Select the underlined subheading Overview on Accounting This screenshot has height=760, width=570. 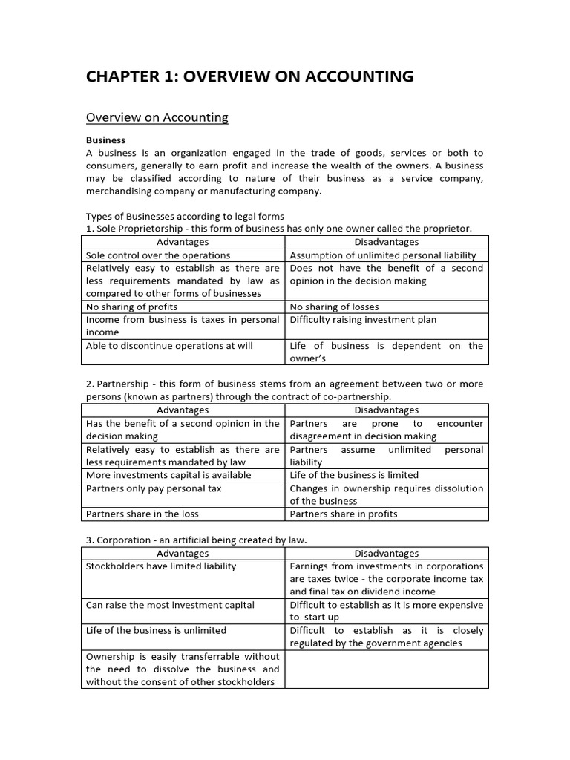[157, 117]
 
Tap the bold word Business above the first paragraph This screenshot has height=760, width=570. [106, 140]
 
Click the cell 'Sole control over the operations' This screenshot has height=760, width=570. [158, 255]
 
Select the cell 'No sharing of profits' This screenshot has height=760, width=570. [133, 307]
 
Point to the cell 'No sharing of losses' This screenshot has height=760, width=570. [334, 307]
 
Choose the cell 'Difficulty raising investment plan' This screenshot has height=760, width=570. [363, 320]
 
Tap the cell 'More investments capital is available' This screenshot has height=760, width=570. [168, 475]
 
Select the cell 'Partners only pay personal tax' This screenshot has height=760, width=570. [154, 488]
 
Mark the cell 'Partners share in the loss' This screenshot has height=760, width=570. [142, 514]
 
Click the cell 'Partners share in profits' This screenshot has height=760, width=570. [344, 514]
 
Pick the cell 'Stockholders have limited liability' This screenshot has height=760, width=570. [161, 566]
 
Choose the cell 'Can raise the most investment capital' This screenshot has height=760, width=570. [170, 605]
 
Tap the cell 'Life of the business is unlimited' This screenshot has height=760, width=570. [157, 631]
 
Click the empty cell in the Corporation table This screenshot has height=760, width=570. [387, 669]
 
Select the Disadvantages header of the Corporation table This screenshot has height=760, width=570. [387, 553]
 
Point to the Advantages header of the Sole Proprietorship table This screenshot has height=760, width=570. [183, 242]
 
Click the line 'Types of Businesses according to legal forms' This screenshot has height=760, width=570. [185, 216]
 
